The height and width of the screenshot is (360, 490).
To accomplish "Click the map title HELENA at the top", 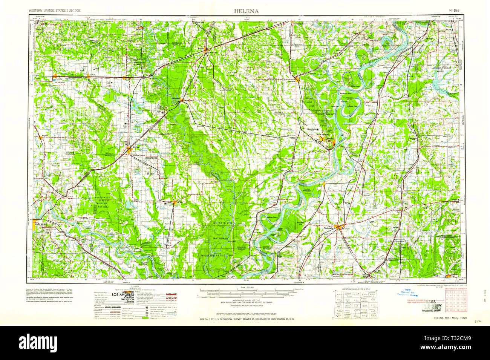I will [x=246, y=11].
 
